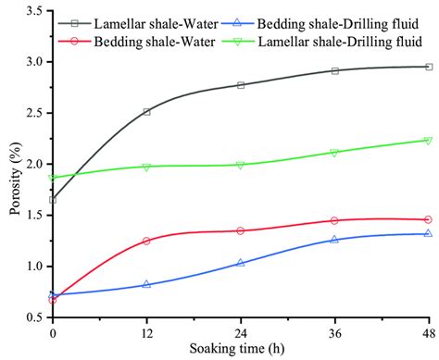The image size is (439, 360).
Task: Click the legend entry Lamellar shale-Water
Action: click(x=138, y=24)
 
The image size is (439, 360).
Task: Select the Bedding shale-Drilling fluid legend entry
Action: click(x=320, y=23)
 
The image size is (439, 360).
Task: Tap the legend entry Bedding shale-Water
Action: click(x=136, y=42)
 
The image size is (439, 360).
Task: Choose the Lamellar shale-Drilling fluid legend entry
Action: click(x=322, y=42)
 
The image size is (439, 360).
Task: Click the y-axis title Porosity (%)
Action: click(x=16, y=179)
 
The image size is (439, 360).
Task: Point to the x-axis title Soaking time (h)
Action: click(x=237, y=349)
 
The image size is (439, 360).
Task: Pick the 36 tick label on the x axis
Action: click(x=335, y=333)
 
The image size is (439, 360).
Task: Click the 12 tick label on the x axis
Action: click(x=147, y=333)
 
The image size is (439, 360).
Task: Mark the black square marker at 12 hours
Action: click(x=147, y=112)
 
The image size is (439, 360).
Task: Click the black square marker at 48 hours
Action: click(x=429, y=67)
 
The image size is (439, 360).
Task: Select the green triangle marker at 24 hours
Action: click(x=241, y=166)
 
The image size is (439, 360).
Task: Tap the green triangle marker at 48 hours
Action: click(x=428, y=141)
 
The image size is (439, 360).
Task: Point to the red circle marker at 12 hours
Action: click(x=146, y=241)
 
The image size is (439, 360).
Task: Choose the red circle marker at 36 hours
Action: click(x=334, y=220)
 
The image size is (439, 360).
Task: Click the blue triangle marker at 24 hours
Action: click(x=241, y=263)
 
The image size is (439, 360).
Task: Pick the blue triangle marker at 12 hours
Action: click(x=147, y=284)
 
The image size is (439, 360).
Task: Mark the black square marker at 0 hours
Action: click(x=53, y=200)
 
